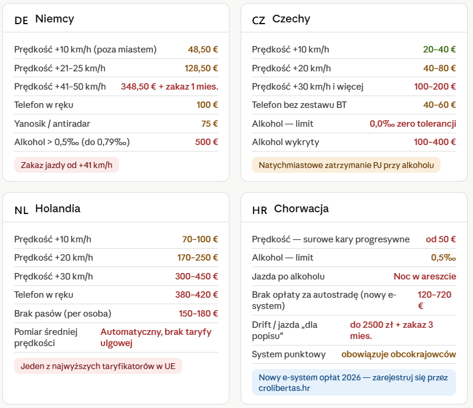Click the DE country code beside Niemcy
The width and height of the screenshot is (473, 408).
point(21,20)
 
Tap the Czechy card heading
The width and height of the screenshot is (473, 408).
point(291,19)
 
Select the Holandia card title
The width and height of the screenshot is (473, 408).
point(58,208)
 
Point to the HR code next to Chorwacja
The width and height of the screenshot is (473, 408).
point(260,210)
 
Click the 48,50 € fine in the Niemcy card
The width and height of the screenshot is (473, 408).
point(203,49)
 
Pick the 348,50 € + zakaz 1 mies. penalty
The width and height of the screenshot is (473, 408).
point(169,87)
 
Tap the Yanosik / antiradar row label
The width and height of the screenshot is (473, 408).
point(52,124)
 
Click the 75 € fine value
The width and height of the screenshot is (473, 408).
point(209,124)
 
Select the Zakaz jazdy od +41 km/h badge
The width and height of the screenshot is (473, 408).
point(67,165)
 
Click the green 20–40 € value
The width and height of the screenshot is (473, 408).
point(439,49)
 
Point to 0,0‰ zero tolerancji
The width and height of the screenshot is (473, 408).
point(413,124)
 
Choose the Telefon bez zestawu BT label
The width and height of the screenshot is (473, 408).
point(299,104)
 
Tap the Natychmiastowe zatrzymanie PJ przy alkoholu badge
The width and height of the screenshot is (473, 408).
point(346,165)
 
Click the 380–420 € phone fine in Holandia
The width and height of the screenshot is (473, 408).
point(196,295)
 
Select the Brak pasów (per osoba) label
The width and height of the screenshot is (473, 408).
point(63,314)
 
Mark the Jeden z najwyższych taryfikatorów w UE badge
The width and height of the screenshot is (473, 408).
point(98,366)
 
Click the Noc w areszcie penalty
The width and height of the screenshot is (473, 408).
point(425,276)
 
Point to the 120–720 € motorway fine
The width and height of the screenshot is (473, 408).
point(435,300)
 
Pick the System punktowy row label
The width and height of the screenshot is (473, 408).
point(288,354)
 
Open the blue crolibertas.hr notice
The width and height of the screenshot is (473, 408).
point(354,383)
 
